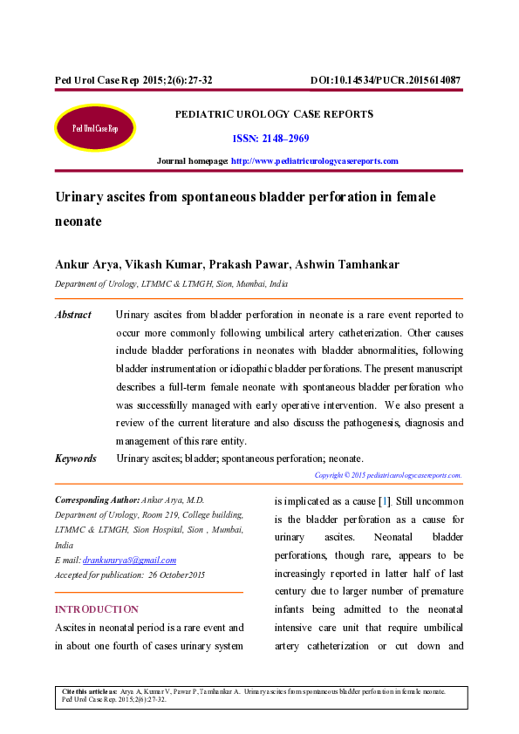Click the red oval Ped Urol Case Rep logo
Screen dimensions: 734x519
(95, 128)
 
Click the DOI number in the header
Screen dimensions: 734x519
(385, 80)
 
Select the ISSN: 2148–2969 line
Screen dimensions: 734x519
(270, 139)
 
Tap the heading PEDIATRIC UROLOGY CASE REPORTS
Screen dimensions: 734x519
(274, 114)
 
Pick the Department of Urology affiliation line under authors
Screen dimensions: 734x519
(171, 284)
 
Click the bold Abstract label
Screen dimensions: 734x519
(72, 315)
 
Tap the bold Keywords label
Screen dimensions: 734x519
(75, 459)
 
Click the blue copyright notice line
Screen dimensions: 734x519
(387, 475)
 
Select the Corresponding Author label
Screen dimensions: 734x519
(97, 500)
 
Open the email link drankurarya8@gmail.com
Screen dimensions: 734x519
(129, 560)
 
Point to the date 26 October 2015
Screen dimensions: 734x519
(176, 574)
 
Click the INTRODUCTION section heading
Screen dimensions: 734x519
(96, 609)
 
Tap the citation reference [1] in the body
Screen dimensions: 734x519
(385, 501)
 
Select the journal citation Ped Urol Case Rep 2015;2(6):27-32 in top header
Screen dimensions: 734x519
(133, 80)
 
